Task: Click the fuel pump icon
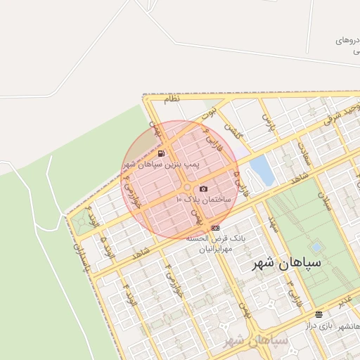tap(162, 153)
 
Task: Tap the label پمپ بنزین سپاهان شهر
tap(162, 164)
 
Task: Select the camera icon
tap(203, 188)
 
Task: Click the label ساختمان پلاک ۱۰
tap(204, 200)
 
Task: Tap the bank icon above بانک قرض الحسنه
tap(214, 227)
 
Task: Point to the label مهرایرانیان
tap(204, 249)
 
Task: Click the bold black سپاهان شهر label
tap(286, 263)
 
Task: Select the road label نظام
tap(172, 99)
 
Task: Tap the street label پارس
tap(267, 124)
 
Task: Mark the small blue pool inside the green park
tap(316, 247)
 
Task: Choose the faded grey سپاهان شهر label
tap(256, 341)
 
